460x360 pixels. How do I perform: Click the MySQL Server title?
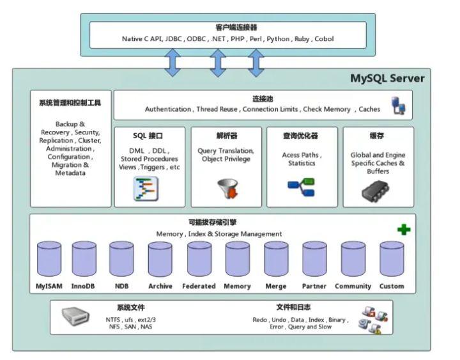(x=387, y=79)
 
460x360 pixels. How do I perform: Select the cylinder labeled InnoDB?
(x=84, y=258)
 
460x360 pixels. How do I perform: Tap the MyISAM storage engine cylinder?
(x=49, y=258)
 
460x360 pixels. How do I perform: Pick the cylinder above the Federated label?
(x=199, y=258)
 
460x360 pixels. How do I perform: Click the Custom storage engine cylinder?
(x=392, y=258)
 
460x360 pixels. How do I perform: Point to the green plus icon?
(x=403, y=230)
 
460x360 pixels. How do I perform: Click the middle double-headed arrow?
(x=218, y=63)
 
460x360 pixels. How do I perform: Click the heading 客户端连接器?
(x=227, y=28)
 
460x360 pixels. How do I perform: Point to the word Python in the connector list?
(x=277, y=39)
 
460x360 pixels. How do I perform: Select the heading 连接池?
(x=262, y=99)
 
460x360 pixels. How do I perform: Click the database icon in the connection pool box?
(x=398, y=106)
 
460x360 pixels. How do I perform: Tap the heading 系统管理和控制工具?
(x=70, y=102)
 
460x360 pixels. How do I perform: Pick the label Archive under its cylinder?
(x=160, y=286)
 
